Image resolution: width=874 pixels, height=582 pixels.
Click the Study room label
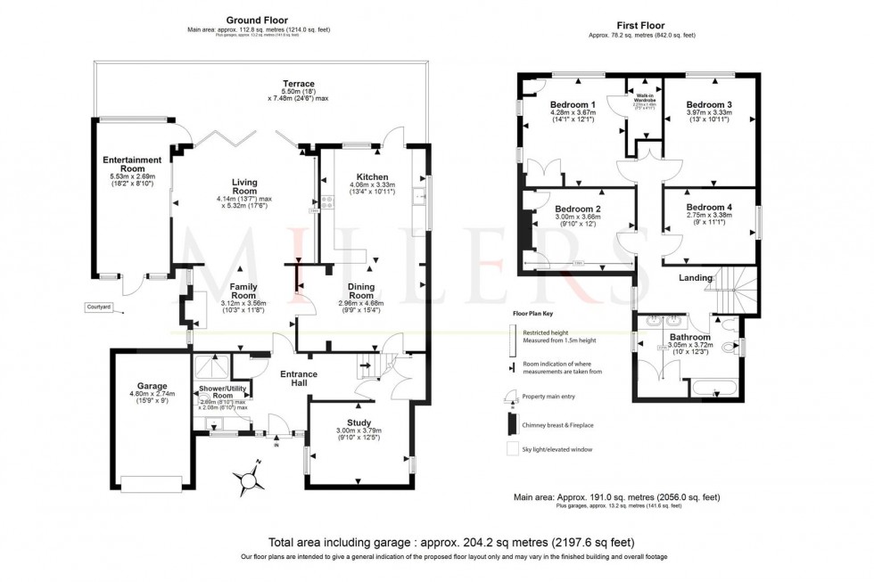tap(359, 422)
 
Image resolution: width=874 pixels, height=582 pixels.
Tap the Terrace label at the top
tap(298, 84)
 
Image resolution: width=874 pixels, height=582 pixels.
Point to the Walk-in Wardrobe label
tap(647, 94)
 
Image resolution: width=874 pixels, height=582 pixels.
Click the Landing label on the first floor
tap(696, 278)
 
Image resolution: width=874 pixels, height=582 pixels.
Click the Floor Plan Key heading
tap(535, 314)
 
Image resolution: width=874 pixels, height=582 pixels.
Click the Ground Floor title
tap(254, 20)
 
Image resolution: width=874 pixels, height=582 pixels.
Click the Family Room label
tap(243, 290)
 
